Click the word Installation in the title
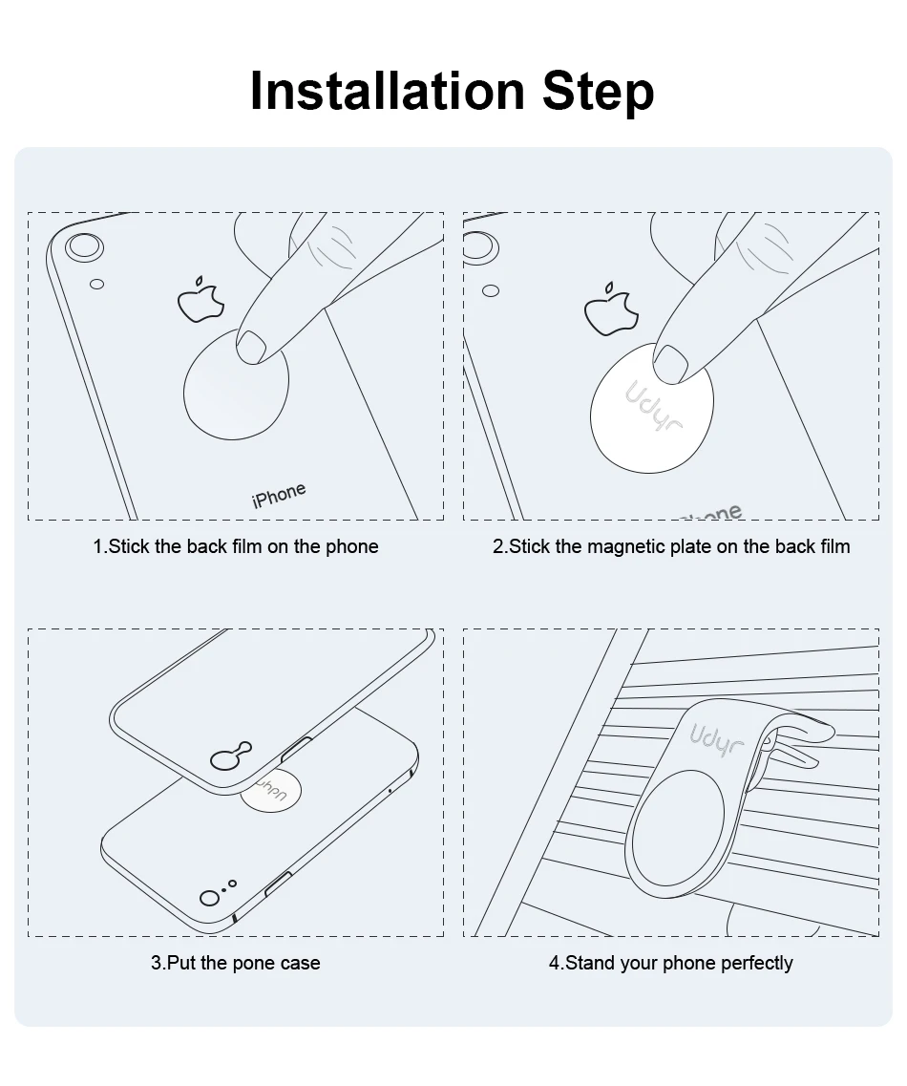pyautogui.click(x=388, y=90)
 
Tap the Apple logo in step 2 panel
pyautogui.click(x=611, y=309)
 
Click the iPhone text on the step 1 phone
pyautogui.click(x=279, y=495)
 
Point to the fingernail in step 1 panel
pyautogui.click(x=251, y=346)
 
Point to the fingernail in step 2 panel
pyautogui.click(x=670, y=363)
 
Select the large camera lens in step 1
pyautogui.click(x=84, y=246)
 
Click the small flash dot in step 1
pyautogui.click(x=97, y=284)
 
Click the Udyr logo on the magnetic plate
pyautogui.click(x=653, y=406)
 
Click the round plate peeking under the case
pyautogui.click(x=271, y=790)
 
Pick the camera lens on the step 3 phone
pyautogui.click(x=209, y=898)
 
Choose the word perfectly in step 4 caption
pyautogui.click(x=757, y=964)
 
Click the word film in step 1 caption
pyautogui.click(x=247, y=546)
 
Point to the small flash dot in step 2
pyautogui.click(x=491, y=291)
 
